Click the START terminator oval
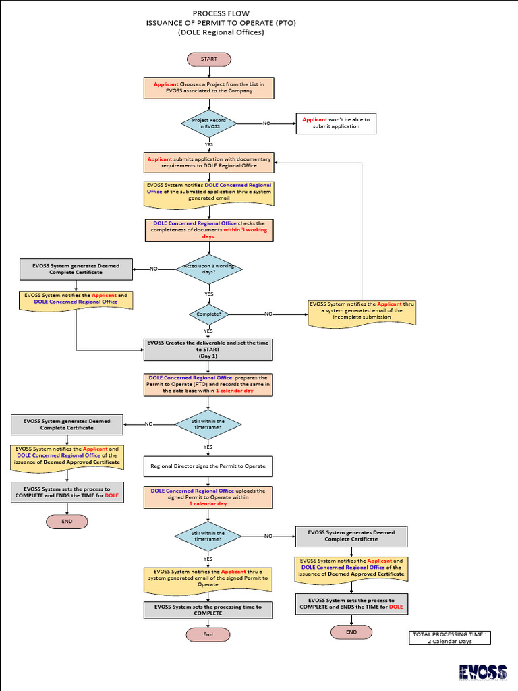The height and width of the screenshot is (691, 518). [x=208, y=59]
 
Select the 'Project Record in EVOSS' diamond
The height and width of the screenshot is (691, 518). [x=208, y=123]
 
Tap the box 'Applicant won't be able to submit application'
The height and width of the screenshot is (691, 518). [x=336, y=123]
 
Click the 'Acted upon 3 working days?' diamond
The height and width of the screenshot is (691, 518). [x=208, y=269]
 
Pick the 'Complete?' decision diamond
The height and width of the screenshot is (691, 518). [x=208, y=314]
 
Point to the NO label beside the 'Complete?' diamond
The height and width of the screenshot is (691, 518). [x=268, y=314]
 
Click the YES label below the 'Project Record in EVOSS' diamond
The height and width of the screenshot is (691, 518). [x=208, y=144]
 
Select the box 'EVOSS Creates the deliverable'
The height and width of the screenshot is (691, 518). [x=208, y=350]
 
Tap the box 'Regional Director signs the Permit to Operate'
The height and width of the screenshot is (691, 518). [x=208, y=466]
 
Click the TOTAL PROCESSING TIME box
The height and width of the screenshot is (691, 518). [x=449, y=638]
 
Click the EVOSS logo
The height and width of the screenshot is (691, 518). [x=482, y=671]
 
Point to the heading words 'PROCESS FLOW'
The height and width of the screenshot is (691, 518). [x=221, y=13]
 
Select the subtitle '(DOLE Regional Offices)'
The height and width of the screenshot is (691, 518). [x=221, y=32]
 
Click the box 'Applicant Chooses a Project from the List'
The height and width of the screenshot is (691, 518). [x=208, y=88]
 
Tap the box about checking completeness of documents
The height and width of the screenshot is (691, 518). [x=208, y=230]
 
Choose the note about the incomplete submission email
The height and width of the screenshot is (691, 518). [x=362, y=312]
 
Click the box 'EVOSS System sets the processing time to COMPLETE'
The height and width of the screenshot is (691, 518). [x=208, y=610]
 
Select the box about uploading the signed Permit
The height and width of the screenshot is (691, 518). [x=208, y=497]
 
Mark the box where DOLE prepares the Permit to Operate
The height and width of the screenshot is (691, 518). [x=208, y=384]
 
